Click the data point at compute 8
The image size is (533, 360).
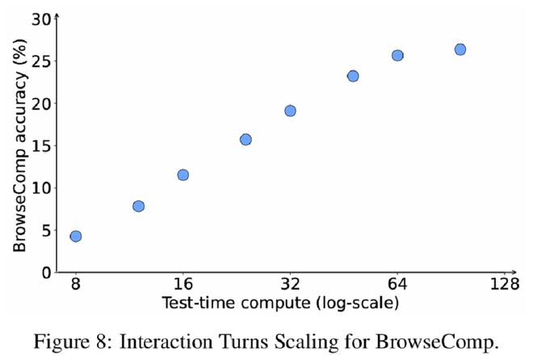coord(75,237)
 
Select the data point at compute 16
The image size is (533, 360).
coord(183,175)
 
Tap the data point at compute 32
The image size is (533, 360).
coord(290,111)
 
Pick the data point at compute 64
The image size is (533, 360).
coord(397,56)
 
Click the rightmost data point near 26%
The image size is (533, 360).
coord(460,49)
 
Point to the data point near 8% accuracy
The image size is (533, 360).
coord(138,207)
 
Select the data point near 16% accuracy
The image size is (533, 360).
coord(246,140)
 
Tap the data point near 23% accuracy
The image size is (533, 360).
coord(353,76)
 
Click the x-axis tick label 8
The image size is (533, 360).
coord(75,284)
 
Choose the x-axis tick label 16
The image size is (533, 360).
coord(183,284)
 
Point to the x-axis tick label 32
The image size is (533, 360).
coord(290,284)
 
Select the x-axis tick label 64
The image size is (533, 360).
coord(397,284)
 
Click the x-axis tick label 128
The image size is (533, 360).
coord(504,284)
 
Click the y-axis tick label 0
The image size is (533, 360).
coord(47,272)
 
